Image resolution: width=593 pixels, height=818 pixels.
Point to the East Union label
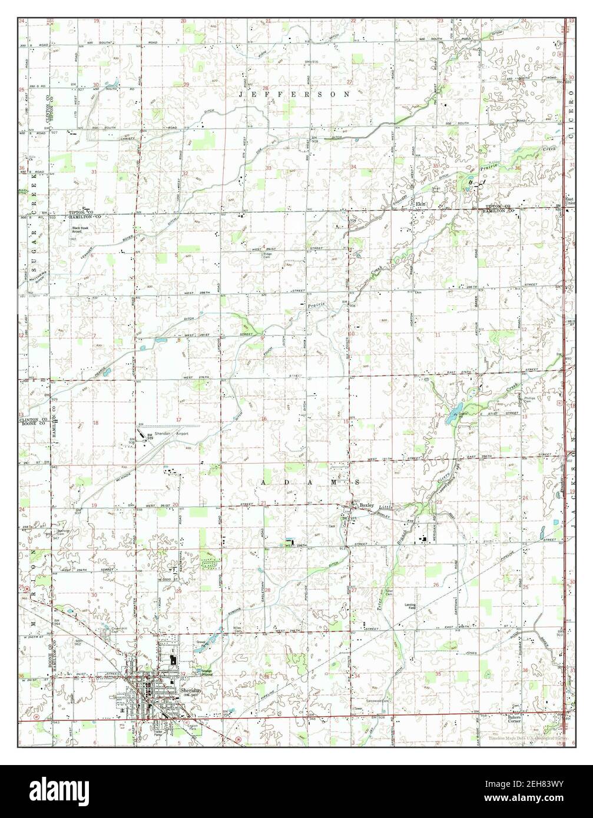coord(568,201)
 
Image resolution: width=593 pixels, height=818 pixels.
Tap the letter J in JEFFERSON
coord(242,94)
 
